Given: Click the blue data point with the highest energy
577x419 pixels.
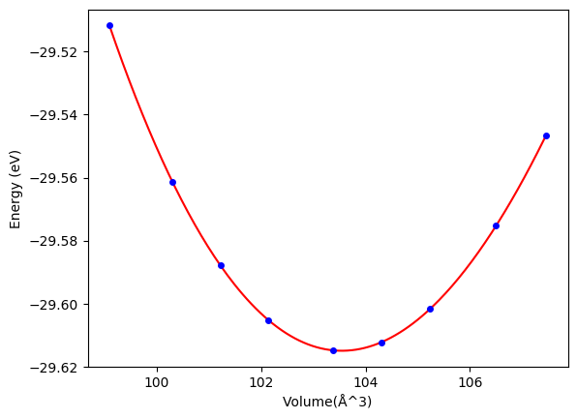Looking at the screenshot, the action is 109,26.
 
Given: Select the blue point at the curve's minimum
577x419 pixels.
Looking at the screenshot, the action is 333,350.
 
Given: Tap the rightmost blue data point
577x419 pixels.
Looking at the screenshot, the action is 546,136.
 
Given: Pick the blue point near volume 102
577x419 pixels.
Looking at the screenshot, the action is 268,320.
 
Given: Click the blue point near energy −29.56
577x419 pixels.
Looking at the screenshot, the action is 172,183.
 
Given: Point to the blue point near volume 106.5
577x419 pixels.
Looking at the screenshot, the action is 496,225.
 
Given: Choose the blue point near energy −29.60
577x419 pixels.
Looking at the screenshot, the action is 430,309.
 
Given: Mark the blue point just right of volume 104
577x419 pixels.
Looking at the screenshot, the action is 382,343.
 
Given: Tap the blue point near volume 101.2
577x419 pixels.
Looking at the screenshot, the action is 221,265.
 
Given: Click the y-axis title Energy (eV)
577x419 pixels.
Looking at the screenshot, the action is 15,190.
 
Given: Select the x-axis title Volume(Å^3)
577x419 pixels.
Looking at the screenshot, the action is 327,402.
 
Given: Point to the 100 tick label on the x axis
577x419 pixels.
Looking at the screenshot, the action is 157,382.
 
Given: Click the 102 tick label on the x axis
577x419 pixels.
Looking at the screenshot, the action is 261,382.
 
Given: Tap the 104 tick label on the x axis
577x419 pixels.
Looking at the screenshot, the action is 366,382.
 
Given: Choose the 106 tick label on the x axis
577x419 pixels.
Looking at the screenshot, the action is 470,382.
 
